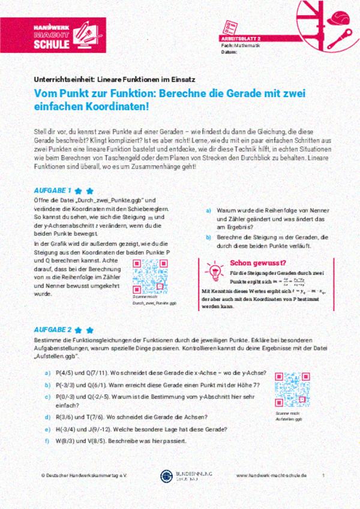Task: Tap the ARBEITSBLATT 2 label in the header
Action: point(241,38)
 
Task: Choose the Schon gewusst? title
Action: point(258,262)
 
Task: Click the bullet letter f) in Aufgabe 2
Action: point(47,442)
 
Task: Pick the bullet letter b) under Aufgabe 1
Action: point(209,237)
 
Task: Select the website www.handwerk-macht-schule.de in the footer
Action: point(272,474)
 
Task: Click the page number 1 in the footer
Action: point(323,474)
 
